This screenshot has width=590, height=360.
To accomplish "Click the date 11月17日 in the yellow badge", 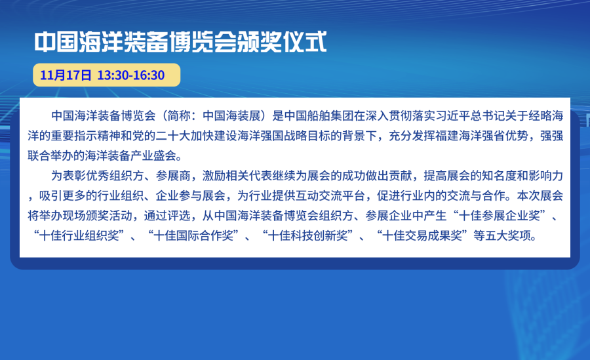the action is [x=66, y=75].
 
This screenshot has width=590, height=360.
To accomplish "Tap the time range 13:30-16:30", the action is [x=131, y=75].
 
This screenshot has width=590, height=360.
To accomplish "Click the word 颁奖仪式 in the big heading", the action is [x=282, y=41].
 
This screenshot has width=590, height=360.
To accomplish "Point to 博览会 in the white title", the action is [x=203, y=41].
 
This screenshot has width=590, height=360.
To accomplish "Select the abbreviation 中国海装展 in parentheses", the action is [x=232, y=115].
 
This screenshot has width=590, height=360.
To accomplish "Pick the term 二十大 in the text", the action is [x=173, y=136].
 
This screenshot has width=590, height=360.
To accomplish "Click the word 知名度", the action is [x=499, y=176].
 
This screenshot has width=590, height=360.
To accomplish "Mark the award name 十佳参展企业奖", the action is [x=500, y=215].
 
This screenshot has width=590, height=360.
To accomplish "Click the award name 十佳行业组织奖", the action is [x=79, y=235].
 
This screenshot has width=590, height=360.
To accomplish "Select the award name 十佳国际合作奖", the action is [x=194, y=235].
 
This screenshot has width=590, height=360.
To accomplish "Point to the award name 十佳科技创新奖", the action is [x=308, y=235].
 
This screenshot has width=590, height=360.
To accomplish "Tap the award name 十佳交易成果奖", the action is [x=422, y=235].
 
